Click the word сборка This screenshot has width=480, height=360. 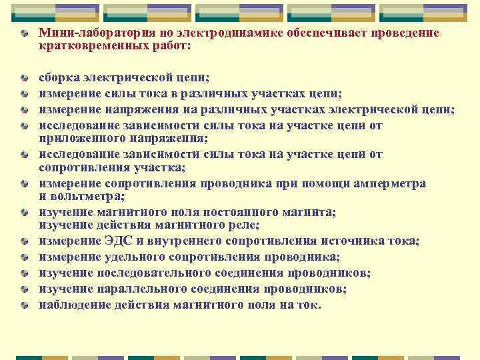tap(57, 77)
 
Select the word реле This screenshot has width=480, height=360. tap(245, 226)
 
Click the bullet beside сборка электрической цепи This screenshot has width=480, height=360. tap(24, 78)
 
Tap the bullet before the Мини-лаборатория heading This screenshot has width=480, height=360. tap(24, 34)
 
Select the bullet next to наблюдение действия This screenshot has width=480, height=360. tap(24, 305)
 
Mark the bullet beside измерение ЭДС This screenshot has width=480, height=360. tap(24, 241)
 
